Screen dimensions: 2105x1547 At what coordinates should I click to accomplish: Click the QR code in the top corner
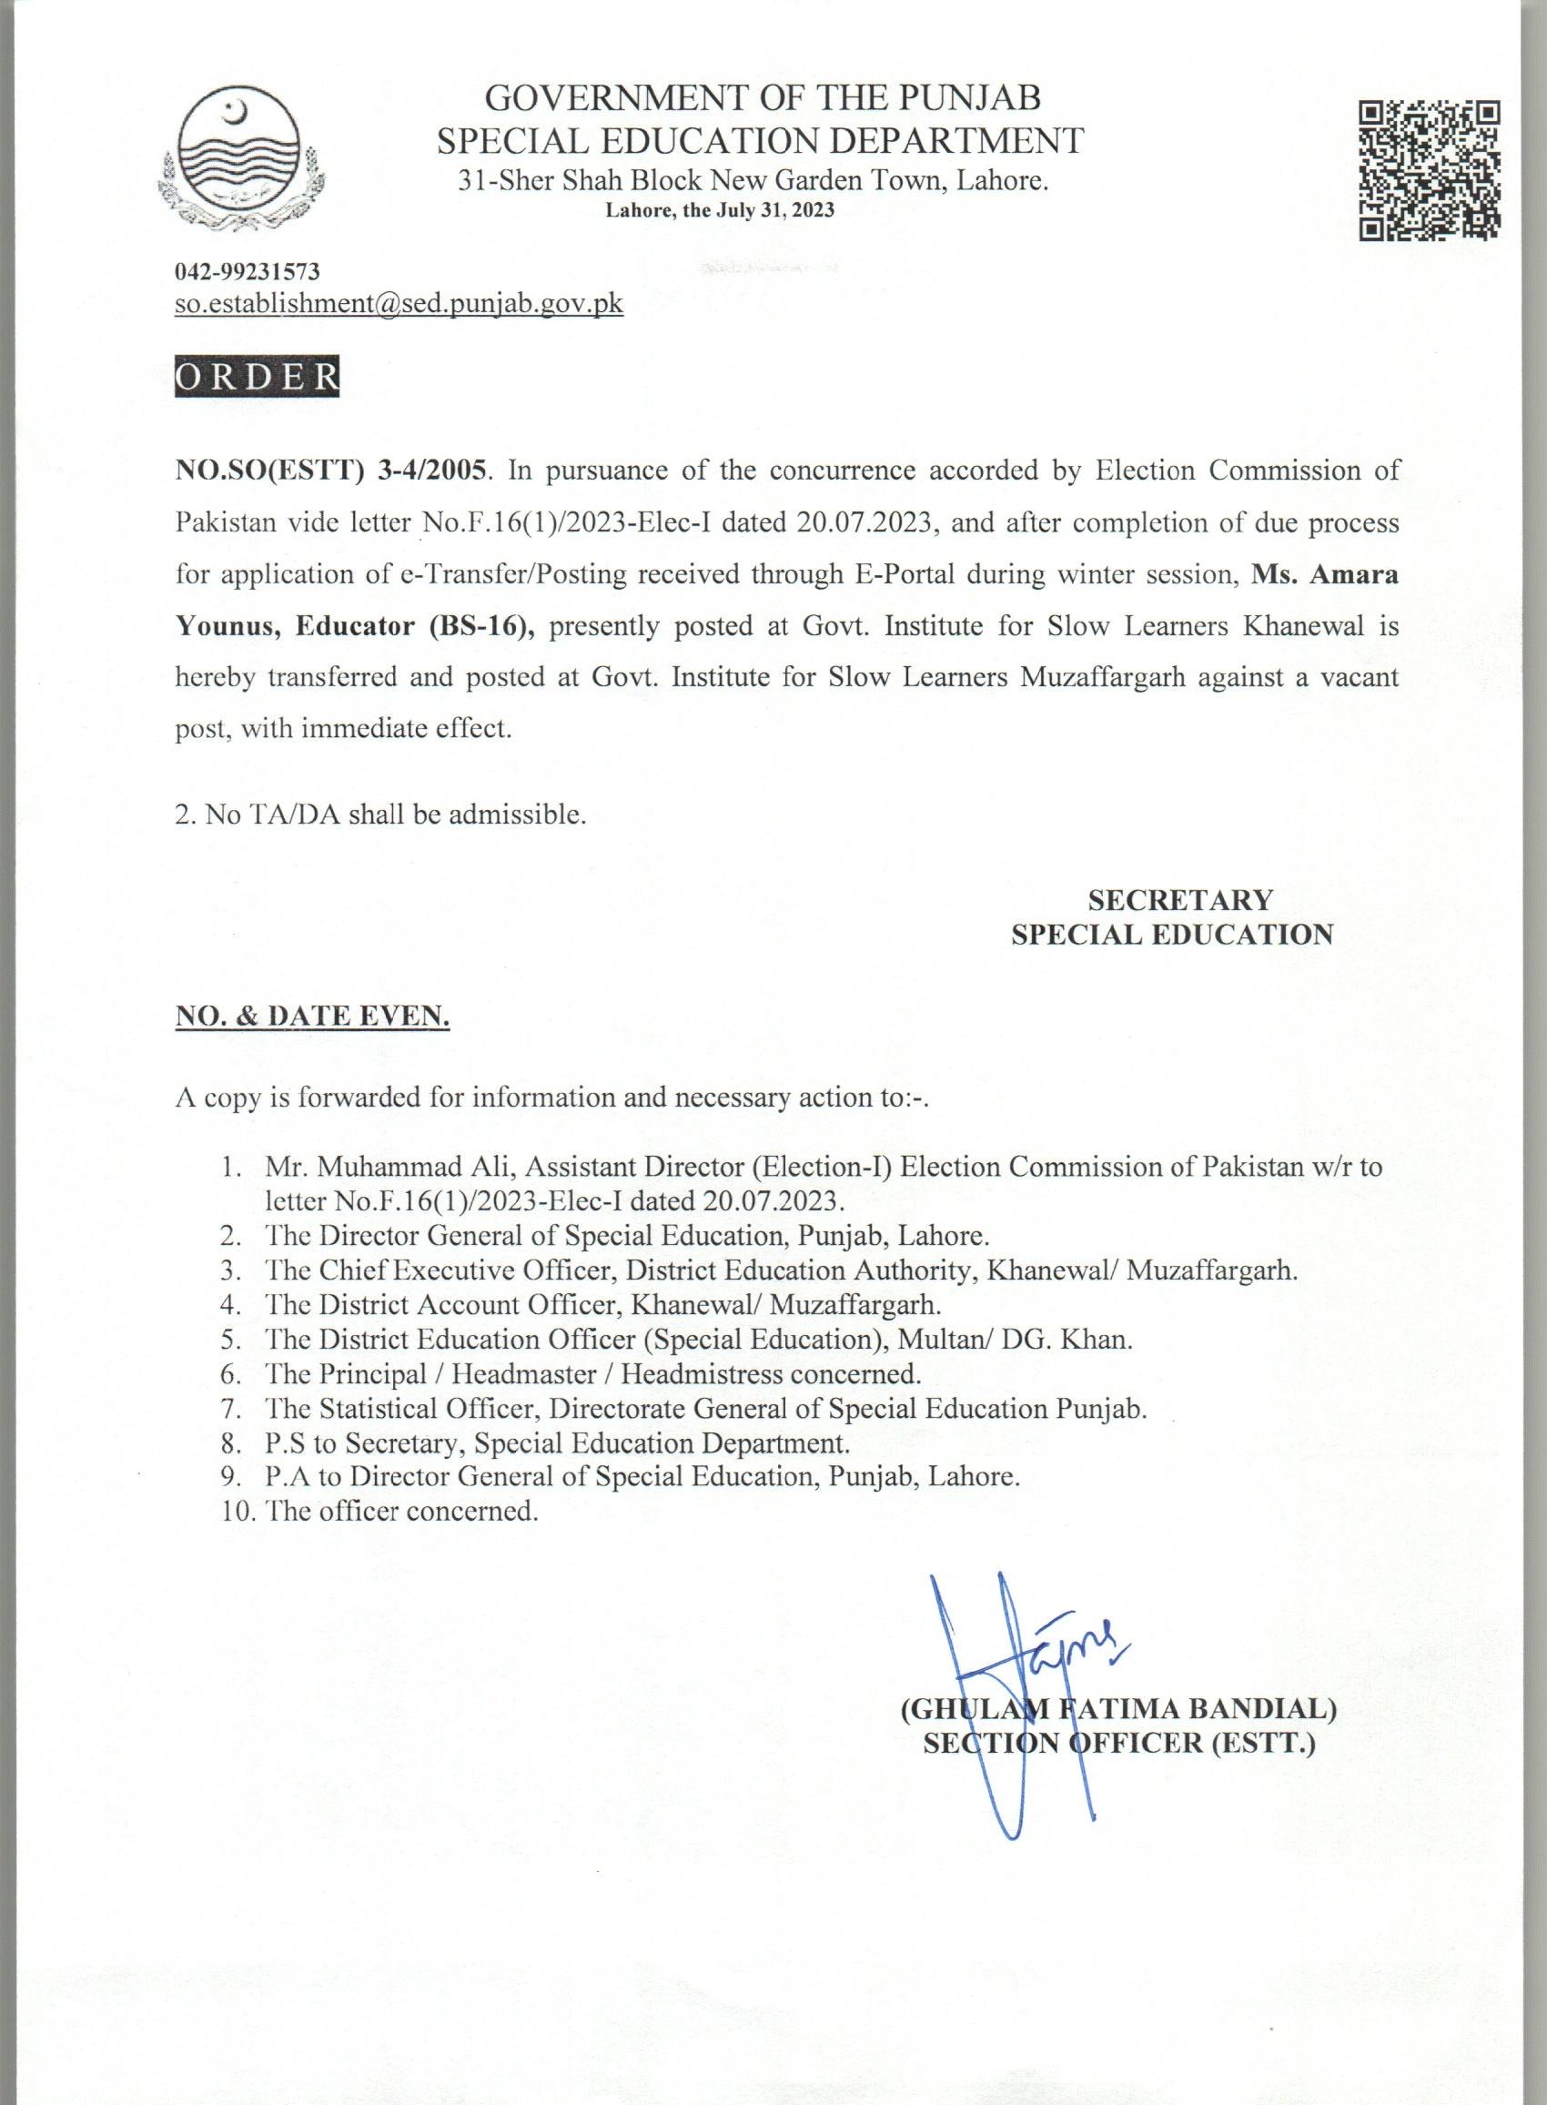(1429, 169)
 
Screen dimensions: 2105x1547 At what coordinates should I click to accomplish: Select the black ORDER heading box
(257, 376)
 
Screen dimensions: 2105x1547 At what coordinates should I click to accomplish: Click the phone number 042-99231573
(248, 271)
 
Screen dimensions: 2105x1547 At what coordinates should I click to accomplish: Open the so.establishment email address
(399, 303)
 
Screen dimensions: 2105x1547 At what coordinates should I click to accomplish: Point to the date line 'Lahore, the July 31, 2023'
(719, 211)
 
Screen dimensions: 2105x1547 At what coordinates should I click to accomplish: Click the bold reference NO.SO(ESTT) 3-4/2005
(331, 471)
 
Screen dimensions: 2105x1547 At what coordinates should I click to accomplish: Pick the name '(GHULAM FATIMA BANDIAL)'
(1118, 1709)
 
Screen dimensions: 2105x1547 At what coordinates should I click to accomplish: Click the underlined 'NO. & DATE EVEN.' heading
(313, 1016)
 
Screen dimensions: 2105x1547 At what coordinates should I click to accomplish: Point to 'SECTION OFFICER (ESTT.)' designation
(1119, 1743)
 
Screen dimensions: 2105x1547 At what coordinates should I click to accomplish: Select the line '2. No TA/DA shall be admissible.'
(380, 814)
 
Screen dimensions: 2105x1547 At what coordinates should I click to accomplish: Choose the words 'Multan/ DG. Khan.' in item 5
(1014, 1339)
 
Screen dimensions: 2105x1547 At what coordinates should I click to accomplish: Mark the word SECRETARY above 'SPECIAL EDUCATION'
(1180, 900)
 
